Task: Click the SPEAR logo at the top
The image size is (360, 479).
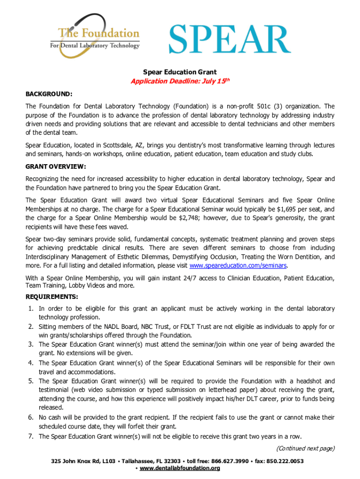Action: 229,40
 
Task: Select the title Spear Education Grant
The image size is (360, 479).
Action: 180,72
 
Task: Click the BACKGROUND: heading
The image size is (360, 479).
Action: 49,94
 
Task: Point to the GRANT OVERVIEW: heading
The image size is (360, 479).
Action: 56,166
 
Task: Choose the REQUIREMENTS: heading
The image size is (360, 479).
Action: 52,297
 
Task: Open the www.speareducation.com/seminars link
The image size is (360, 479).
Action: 238,266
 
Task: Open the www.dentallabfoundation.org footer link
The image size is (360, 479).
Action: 180,468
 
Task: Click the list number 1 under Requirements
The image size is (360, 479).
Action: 30,309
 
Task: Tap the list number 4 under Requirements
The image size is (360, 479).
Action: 30,363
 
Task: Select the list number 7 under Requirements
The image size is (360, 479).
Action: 30,436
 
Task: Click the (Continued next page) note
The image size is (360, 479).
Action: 305,449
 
